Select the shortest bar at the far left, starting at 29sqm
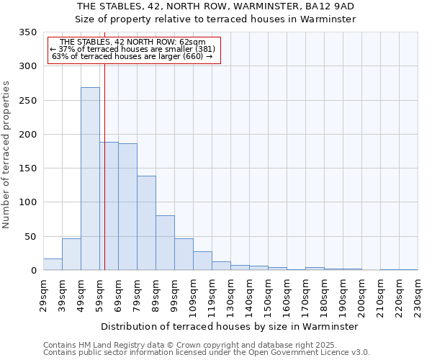53,264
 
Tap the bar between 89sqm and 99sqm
165,243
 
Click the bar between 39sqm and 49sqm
71,254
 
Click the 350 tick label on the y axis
27,32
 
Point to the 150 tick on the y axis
27,168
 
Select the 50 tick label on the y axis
30,236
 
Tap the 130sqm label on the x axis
231,294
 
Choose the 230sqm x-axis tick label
418,294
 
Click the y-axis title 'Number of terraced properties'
7,155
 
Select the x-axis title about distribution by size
230,326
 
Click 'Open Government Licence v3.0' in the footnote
305,353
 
